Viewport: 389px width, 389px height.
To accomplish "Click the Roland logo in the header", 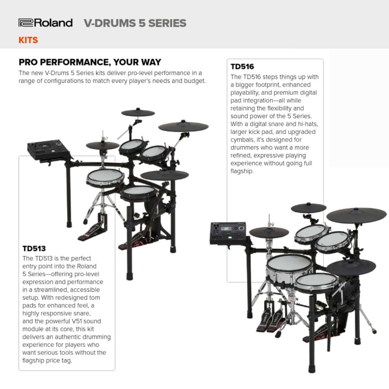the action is [46, 23].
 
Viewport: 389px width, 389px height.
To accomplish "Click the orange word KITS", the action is [28, 40].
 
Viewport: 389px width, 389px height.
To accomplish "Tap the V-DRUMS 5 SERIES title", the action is [135, 23].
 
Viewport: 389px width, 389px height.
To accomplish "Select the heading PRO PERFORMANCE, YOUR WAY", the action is [90, 62].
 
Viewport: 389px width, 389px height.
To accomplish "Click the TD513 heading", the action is [34, 249].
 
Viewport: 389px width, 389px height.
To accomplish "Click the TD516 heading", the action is [242, 67].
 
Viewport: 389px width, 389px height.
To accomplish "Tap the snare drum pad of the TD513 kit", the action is [105, 177].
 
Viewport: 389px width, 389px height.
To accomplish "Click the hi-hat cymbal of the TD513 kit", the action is [103, 146].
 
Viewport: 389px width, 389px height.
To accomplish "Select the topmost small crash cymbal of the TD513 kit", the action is [138, 113].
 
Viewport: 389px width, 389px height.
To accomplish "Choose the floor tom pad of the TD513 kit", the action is [139, 194].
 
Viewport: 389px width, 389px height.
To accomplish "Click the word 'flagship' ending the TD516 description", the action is [242, 171].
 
